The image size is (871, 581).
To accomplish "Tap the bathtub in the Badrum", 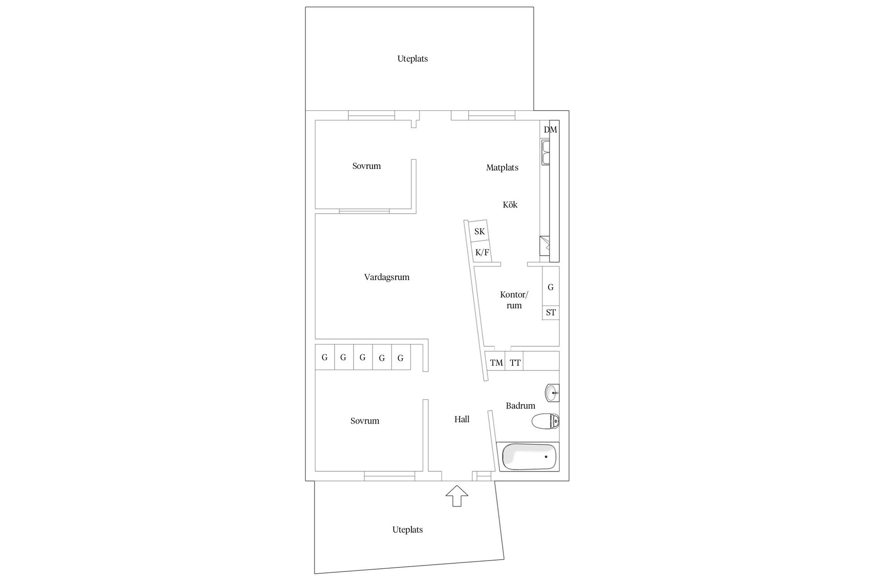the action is pos(528,456).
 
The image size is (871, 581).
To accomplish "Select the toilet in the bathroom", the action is pos(545,421).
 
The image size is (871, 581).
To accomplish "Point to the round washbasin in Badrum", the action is pos(552,393).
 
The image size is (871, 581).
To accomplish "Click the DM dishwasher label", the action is pos(550,130).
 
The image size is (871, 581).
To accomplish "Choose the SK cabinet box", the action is pos(479,231).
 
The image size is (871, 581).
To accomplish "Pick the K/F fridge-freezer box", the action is pos(482,252).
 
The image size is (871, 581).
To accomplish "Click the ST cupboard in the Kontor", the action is pos(551,313).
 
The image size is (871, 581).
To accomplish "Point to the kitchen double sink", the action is pos(545,152).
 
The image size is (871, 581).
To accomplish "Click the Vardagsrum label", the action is pos(387,277).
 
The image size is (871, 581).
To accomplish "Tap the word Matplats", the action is pos(502,167).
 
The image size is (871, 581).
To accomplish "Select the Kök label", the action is pos(510,205).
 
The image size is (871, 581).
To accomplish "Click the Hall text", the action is pos(462,419).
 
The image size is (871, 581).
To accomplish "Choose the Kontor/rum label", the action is pos(514,300).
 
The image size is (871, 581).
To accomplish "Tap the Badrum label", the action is pos(520,406).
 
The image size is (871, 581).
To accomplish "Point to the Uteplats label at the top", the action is pos(412,59).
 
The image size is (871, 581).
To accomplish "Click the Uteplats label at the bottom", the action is pos(407,530).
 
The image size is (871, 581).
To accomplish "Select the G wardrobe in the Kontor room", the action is pos(551,287).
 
